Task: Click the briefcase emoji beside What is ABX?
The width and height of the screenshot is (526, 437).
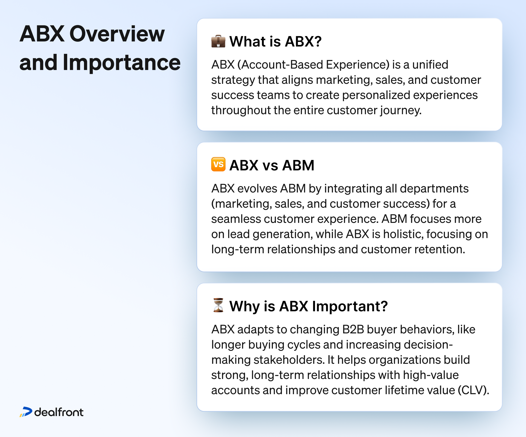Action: [x=218, y=41]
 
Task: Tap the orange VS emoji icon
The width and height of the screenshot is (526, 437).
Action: [x=218, y=164]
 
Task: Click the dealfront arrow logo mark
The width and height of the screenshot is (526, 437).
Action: [x=26, y=412]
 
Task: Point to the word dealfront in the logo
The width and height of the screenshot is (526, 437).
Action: [x=59, y=412]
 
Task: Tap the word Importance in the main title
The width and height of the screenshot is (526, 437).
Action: [x=121, y=63]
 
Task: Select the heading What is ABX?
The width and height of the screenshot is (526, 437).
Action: [x=275, y=41]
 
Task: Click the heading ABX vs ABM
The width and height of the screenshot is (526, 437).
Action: [x=272, y=165]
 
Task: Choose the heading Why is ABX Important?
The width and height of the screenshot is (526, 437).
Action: [x=308, y=306]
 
